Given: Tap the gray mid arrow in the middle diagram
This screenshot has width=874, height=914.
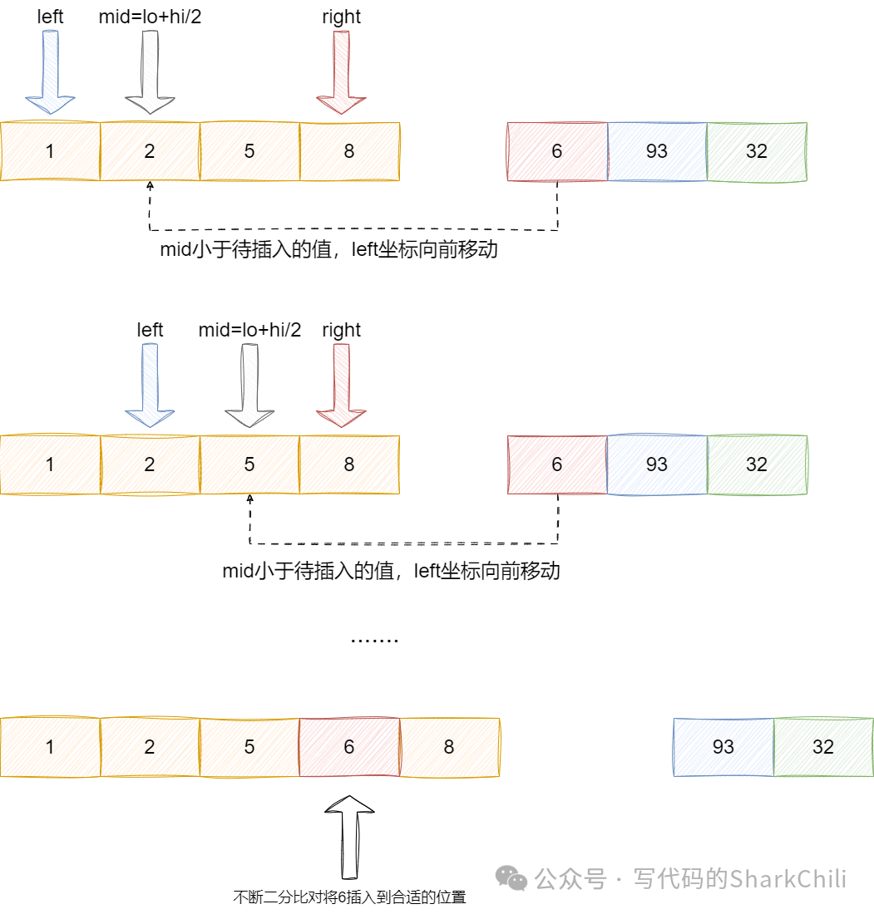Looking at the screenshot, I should [x=249, y=386].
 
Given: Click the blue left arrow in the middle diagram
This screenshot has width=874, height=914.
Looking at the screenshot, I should [x=150, y=386].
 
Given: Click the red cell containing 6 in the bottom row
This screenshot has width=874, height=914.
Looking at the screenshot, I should [x=349, y=747].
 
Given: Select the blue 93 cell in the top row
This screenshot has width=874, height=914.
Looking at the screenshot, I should [x=657, y=151].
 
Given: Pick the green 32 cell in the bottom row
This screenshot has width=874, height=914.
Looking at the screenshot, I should [x=823, y=747].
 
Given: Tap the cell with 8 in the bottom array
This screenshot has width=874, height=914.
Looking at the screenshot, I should [x=449, y=747].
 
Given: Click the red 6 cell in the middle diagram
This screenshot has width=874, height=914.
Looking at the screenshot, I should [x=557, y=464].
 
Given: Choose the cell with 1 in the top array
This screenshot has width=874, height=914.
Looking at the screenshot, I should [x=50, y=151].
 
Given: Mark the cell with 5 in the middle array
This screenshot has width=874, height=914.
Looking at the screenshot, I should [x=249, y=464].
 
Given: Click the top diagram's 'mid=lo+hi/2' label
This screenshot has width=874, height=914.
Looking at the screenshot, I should [x=150, y=17].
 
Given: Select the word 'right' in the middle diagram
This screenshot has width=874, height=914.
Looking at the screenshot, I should [x=341, y=330].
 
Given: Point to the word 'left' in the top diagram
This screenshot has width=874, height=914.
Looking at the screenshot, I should [x=50, y=17].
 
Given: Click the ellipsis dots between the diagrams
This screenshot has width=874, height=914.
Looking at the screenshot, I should [x=375, y=640].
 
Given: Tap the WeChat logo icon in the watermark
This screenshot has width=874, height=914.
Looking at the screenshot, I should [x=511, y=878].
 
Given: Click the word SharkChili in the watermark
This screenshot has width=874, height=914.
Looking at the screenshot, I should [x=788, y=878].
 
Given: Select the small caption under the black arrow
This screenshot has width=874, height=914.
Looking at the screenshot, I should [x=349, y=897].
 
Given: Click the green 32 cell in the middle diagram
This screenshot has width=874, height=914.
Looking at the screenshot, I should [x=757, y=464].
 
